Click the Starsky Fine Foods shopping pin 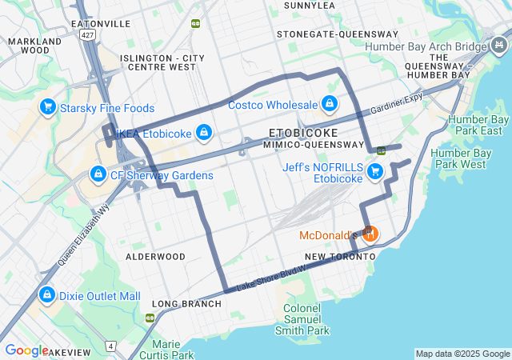tap(47, 106)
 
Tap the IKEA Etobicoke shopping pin tap(204, 132)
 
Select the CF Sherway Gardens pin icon tap(98, 174)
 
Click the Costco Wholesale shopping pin tap(329, 103)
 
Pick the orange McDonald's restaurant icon tap(369, 234)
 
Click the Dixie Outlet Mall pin tap(47, 295)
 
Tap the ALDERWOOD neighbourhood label tap(155, 257)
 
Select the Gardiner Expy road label tap(396, 102)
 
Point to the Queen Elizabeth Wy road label tap(82, 233)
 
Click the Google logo tap(26, 350)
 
